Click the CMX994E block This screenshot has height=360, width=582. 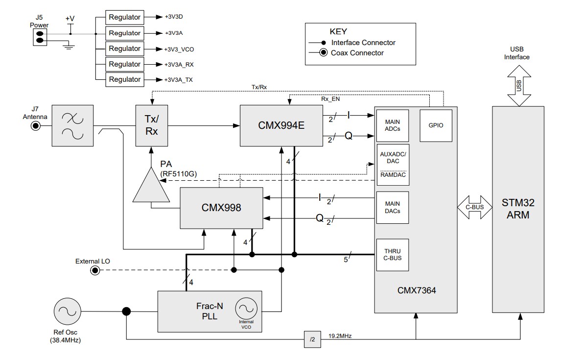281,125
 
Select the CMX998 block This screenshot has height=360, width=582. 221,208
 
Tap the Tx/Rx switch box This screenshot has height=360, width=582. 152,125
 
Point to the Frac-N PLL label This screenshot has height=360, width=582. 209,311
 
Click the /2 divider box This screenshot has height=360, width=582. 312,339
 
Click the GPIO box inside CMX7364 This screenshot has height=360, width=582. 435,125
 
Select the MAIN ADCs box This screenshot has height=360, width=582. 393,125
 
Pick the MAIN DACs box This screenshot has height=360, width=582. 393,207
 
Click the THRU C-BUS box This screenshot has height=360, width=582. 393,255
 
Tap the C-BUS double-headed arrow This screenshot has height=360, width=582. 474,207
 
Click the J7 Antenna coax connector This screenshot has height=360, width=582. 36,126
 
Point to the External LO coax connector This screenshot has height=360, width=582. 95,270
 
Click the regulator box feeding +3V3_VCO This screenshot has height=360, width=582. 124,48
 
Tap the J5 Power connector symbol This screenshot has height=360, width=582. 40,37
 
